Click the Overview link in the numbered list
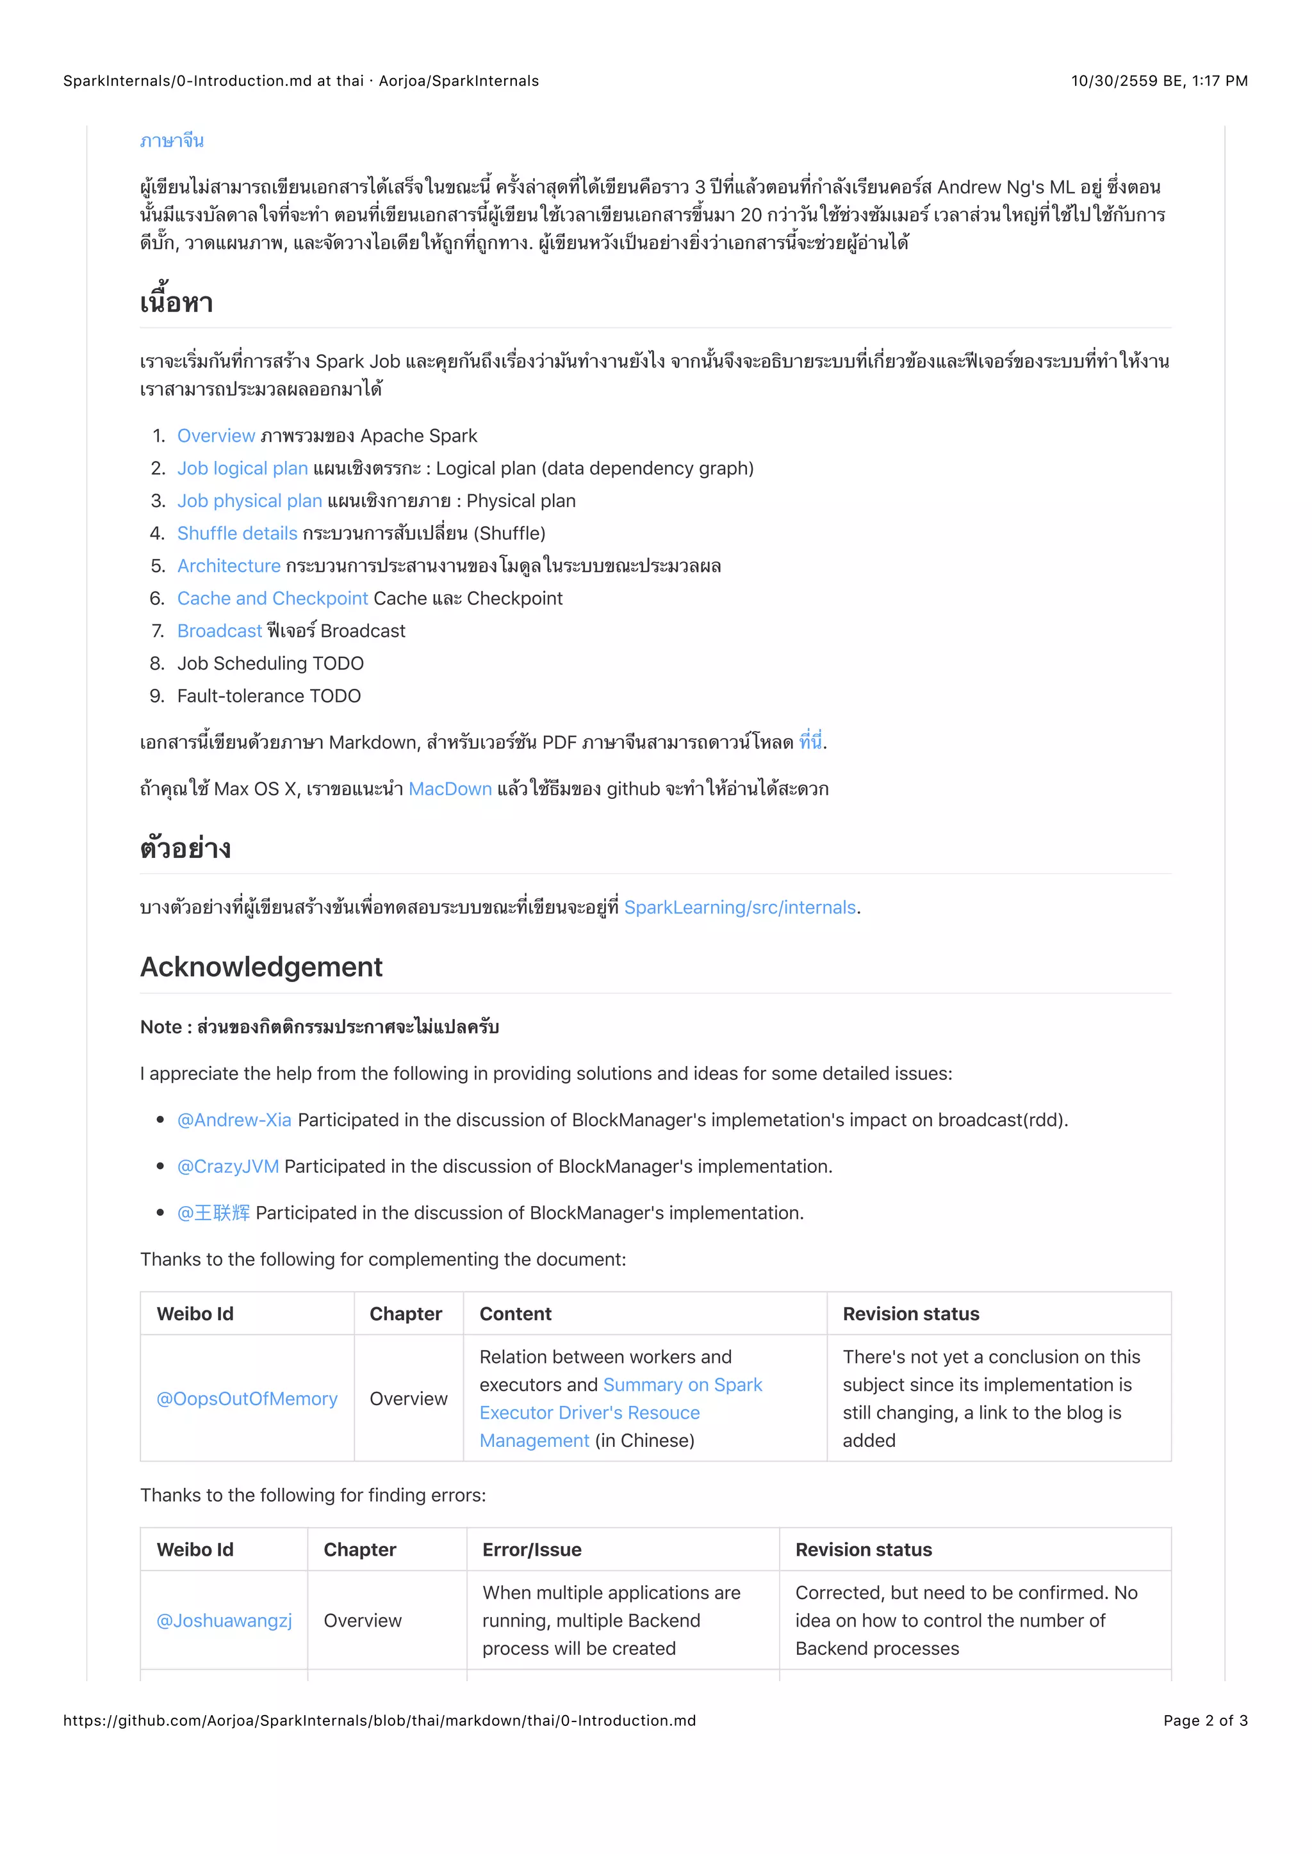tap(216, 436)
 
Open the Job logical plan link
tap(242, 469)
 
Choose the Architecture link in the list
tap(229, 566)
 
